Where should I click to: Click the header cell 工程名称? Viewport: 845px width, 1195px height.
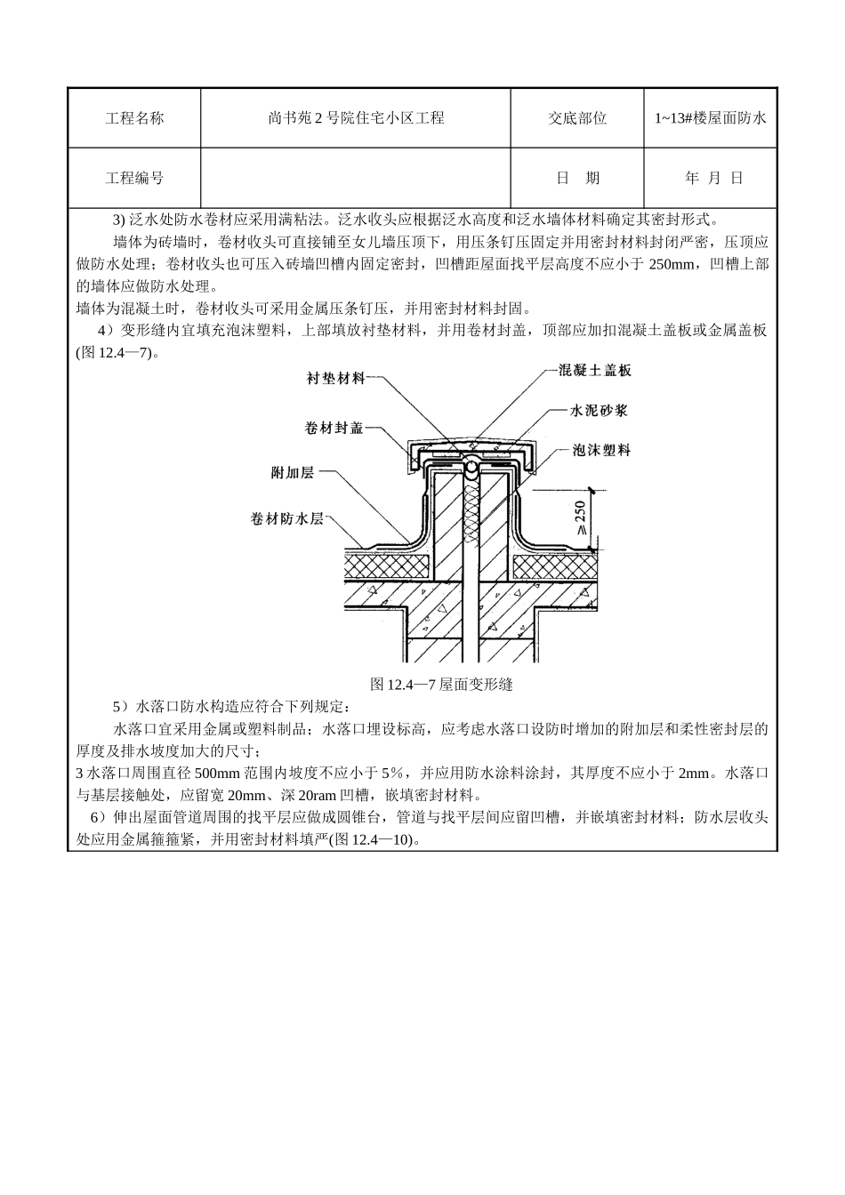pyautogui.click(x=134, y=118)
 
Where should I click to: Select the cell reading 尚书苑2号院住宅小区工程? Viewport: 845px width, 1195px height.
pyautogui.click(x=356, y=118)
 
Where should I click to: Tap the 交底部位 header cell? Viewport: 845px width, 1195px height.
pyautogui.click(x=577, y=118)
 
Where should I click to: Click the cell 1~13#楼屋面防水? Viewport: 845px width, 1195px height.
pyautogui.click(x=711, y=118)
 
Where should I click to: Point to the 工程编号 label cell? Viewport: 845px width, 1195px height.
pyautogui.click(x=134, y=178)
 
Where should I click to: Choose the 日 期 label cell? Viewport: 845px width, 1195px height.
pyautogui.click(x=577, y=178)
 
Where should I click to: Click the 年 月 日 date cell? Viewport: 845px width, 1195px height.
pyautogui.click(x=711, y=178)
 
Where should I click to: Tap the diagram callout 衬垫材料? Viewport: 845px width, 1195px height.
pyautogui.click(x=335, y=379)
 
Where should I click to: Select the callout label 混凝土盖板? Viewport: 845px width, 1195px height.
pyautogui.click(x=595, y=370)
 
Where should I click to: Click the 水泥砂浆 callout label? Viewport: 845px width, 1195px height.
pyautogui.click(x=599, y=410)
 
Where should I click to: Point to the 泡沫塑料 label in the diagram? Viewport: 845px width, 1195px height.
pyautogui.click(x=601, y=450)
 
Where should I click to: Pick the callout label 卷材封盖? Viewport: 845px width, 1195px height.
pyautogui.click(x=334, y=428)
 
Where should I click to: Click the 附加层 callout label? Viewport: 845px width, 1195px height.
pyautogui.click(x=293, y=473)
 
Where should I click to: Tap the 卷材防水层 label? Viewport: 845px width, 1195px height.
pyautogui.click(x=287, y=518)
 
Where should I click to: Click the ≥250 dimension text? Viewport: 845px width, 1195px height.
pyautogui.click(x=580, y=517)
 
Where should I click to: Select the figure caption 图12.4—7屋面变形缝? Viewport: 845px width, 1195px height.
pyautogui.click(x=441, y=685)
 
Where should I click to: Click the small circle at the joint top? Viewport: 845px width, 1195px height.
pyautogui.click(x=471, y=468)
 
